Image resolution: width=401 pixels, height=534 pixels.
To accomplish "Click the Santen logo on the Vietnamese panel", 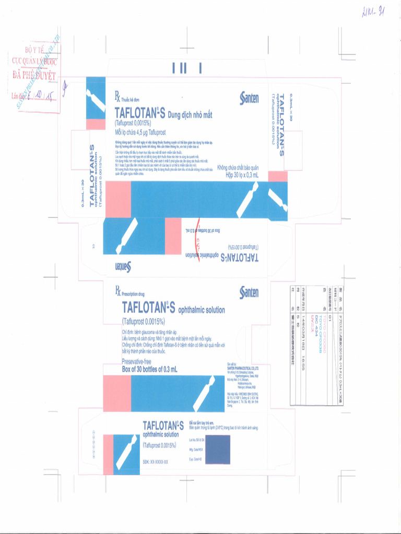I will tap(249, 98).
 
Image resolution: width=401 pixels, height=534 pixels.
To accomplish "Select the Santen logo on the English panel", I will tap(249, 293).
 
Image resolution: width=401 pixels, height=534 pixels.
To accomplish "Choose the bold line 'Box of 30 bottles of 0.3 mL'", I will tap(149, 369).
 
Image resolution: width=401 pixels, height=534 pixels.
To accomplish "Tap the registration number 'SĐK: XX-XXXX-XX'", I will tap(155, 462).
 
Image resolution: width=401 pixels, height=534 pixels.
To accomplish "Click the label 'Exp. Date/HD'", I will tap(195, 459).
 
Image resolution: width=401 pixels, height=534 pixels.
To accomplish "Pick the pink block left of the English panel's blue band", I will tap(117, 393).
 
